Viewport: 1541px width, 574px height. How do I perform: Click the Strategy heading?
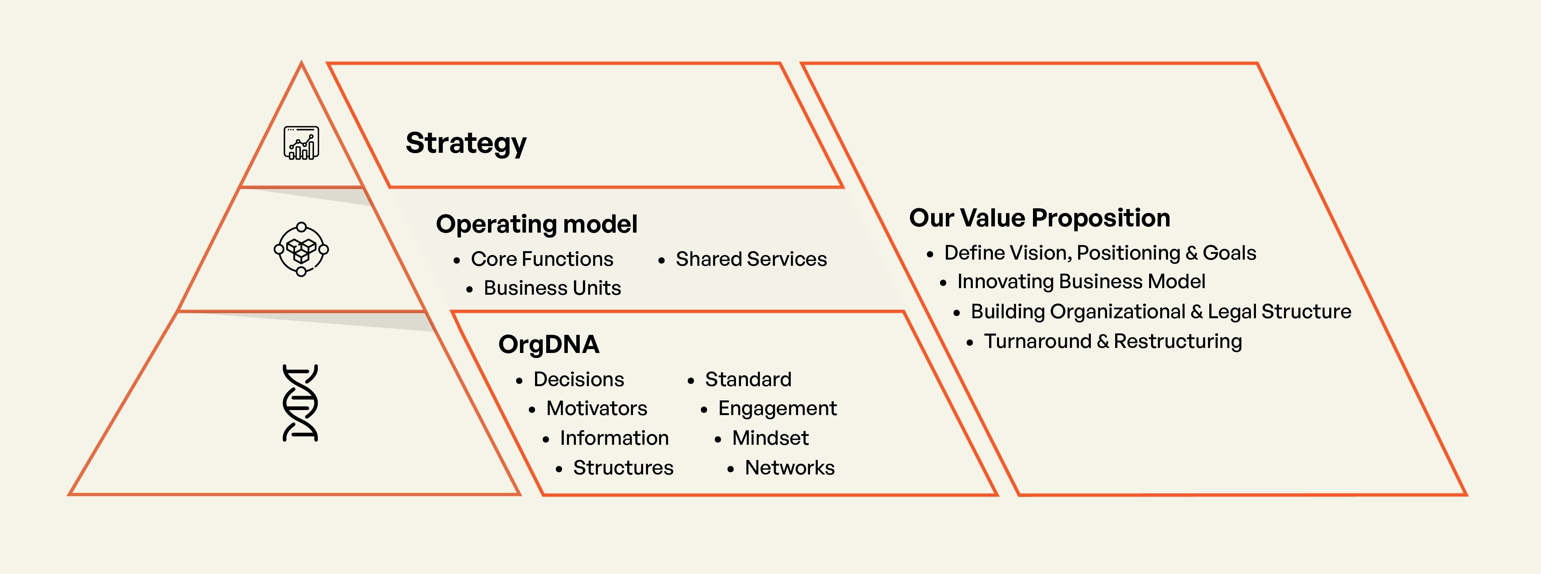(466, 143)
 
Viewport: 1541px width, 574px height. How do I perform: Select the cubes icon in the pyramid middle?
(301, 249)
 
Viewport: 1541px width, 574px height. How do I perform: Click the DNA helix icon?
(300, 403)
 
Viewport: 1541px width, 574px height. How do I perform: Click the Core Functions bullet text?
(542, 259)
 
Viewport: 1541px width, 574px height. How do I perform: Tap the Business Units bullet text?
(552, 288)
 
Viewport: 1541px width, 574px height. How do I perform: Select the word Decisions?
(579, 380)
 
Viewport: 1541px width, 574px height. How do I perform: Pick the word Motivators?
(596, 408)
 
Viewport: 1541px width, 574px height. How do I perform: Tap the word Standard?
(748, 380)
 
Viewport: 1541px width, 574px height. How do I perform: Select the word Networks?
(790, 468)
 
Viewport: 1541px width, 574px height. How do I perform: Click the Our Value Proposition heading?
(1040, 218)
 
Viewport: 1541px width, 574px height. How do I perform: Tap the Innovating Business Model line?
(1081, 281)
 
